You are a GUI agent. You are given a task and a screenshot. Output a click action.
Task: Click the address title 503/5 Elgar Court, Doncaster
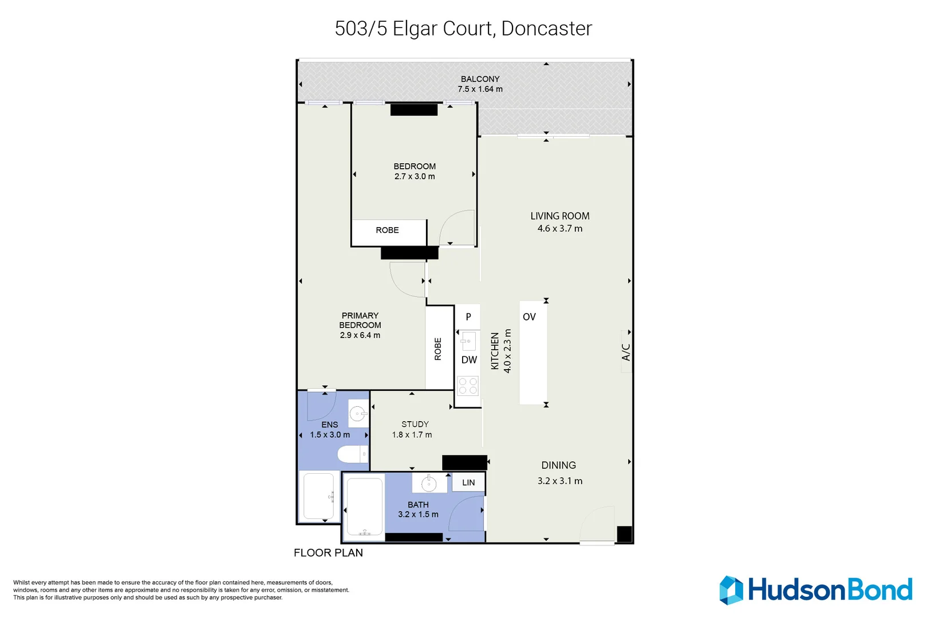(x=463, y=29)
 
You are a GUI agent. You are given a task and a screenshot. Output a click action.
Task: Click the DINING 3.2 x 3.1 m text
(x=559, y=473)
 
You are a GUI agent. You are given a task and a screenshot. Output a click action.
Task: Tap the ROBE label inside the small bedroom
(x=387, y=230)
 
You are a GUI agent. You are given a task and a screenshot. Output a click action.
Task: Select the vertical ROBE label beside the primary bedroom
(x=438, y=348)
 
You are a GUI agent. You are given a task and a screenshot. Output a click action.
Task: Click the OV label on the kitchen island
(x=529, y=316)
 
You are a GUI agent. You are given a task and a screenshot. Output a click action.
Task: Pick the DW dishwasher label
(x=469, y=360)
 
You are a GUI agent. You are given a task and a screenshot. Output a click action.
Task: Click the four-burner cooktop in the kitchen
(x=468, y=386)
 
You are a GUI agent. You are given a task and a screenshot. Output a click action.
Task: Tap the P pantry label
(x=468, y=316)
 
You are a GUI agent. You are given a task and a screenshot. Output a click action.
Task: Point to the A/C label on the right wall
(x=626, y=352)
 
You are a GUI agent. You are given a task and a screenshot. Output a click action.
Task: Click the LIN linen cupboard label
(x=468, y=482)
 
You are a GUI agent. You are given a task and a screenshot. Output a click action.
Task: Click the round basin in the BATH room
(x=429, y=484)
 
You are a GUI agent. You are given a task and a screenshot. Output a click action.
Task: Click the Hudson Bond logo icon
(x=731, y=590)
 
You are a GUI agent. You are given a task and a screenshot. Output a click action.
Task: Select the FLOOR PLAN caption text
(x=328, y=553)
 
